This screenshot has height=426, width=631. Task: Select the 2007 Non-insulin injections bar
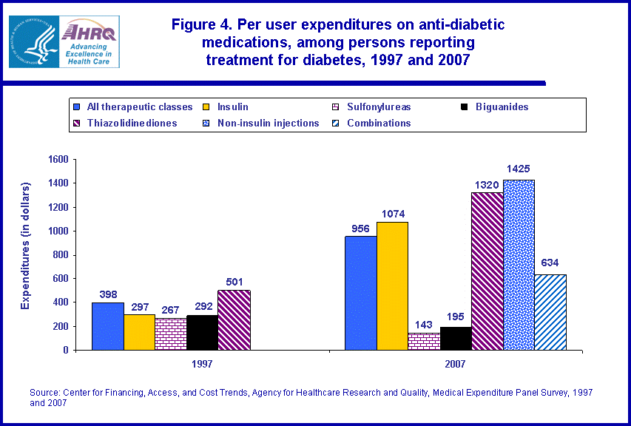pyautogui.click(x=519, y=265)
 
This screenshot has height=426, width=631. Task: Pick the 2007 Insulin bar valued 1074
pyautogui.click(x=392, y=285)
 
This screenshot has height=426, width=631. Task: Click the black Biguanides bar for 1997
pyautogui.click(x=203, y=332)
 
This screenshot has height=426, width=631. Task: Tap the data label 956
pyautogui.click(x=360, y=229)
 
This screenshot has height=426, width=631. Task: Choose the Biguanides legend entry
pyautogui.click(x=501, y=106)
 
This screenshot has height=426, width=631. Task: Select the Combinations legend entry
pyautogui.click(x=379, y=123)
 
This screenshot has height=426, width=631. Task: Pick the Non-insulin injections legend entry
pyautogui.click(x=268, y=123)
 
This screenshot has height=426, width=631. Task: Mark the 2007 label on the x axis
pyautogui.click(x=456, y=365)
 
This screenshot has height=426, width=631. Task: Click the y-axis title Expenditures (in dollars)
pyautogui.click(x=26, y=245)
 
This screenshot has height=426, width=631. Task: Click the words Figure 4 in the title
pyautogui.click(x=200, y=24)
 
